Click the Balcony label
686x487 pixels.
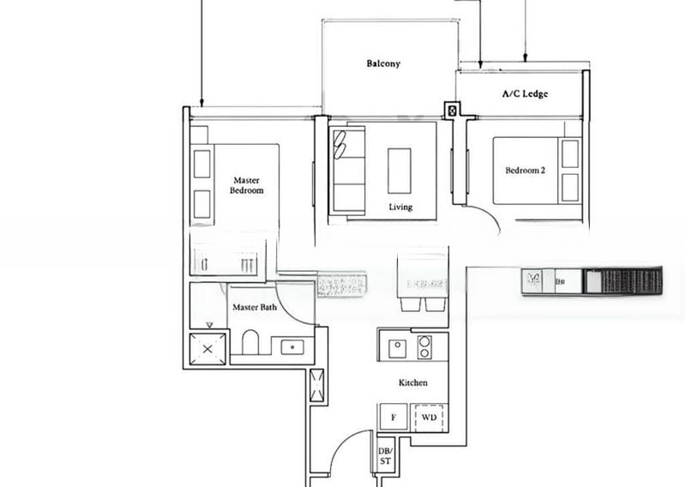point(383,63)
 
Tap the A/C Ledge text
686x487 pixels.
point(525,94)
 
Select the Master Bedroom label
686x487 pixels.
point(246,185)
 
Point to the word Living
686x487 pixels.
point(400,207)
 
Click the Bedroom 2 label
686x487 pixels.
point(525,171)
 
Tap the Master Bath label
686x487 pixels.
point(254,306)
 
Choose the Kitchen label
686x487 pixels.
point(412,382)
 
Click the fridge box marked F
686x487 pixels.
point(394,417)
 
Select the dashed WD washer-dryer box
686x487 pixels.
point(429,417)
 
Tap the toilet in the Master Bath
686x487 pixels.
point(250,344)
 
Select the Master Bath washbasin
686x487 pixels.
point(292,346)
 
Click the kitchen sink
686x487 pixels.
point(397,347)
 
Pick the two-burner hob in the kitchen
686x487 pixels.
point(424,346)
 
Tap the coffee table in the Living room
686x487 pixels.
point(399,171)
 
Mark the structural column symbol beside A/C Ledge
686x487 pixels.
point(452,110)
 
